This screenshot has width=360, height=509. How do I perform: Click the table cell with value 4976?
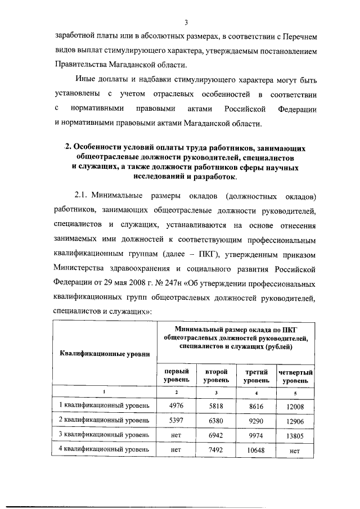tap(176, 406)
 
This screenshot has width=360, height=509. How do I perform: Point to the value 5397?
tap(176, 420)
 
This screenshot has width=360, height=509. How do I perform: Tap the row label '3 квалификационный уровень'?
tap(105, 435)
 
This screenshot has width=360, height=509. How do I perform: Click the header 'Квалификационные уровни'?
tap(105, 353)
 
